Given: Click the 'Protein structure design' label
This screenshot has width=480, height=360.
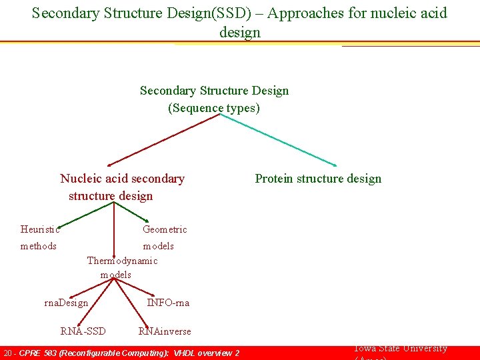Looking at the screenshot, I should [x=318, y=179].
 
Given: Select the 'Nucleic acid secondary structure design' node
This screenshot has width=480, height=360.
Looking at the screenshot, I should [x=122, y=187].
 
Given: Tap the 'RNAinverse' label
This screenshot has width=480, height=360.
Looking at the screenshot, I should [x=165, y=331].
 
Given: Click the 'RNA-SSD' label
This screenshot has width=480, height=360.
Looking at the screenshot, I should [x=83, y=331].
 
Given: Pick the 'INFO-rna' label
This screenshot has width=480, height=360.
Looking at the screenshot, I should [x=168, y=303].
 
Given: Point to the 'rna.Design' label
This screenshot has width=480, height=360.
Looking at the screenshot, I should [x=66, y=303].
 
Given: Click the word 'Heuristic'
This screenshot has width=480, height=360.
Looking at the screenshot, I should [x=40, y=229].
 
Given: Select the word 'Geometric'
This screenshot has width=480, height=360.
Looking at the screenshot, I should [x=165, y=229].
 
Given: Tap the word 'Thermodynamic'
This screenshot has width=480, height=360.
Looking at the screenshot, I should [x=122, y=261].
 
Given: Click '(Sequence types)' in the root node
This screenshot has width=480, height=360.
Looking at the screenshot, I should [x=214, y=108].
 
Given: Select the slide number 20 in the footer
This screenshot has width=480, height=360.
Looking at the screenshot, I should [x=7, y=353].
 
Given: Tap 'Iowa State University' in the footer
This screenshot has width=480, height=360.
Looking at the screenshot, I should [x=400, y=349].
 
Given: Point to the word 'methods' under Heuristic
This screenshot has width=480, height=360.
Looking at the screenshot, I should [x=39, y=246].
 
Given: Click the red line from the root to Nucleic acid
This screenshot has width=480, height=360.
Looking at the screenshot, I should [x=163, y=139].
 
